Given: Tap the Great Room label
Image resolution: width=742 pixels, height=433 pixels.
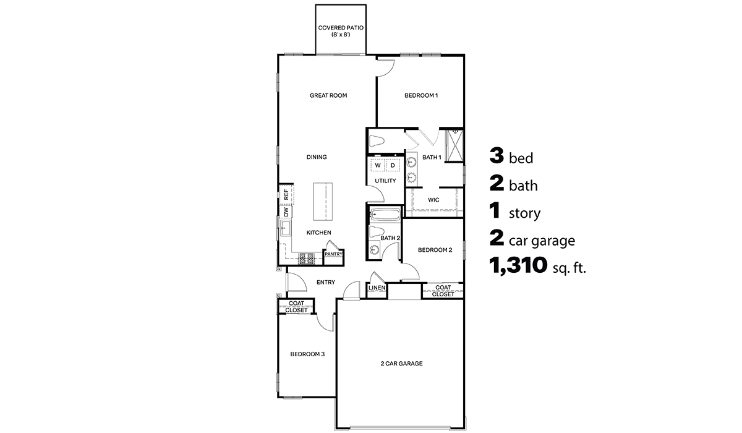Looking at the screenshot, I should coord(328,95).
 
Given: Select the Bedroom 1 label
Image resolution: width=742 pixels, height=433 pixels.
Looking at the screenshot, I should coord(421,95).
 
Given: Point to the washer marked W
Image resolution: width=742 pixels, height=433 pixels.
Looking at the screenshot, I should coord(378,166).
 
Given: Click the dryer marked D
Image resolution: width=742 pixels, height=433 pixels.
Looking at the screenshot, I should coord(393,166).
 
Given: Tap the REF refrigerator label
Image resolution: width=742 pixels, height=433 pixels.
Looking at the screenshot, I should coord(286,194).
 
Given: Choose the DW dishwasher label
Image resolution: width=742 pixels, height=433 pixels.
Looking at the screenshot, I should coord(286,212).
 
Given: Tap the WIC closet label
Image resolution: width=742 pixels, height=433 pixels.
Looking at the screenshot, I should coord(434,200).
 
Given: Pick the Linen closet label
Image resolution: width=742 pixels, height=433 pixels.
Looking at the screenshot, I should coord(377,288).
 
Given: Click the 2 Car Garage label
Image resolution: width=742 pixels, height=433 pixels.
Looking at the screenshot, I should coord(401,364).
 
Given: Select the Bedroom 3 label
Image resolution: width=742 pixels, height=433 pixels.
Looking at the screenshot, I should coord(308,354).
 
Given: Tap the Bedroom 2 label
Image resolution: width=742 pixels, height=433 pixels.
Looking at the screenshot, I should coord(435,250).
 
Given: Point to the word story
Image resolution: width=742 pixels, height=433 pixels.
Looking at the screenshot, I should coord(524,214).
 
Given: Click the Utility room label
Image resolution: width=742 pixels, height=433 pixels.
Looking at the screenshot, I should coord(385,181).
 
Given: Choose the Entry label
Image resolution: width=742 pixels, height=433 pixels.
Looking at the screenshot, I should coord(326,282).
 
